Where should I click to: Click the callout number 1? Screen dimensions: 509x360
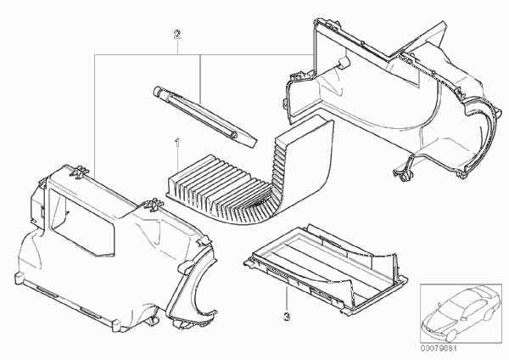point(177,143)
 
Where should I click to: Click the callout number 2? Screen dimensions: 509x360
point(177,34)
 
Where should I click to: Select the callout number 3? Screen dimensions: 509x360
point(287,317)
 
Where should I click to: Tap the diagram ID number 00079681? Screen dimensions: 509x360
point(439,349)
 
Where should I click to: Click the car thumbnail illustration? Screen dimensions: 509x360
point(461,314)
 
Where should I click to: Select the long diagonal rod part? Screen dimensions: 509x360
point(204,115)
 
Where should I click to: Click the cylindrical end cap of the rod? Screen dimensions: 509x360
point(158,91)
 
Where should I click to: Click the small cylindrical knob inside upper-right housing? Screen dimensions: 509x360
point(344,62)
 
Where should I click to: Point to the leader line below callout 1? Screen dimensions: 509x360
point(177,160)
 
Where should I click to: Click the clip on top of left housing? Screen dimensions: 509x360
point(79,172)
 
